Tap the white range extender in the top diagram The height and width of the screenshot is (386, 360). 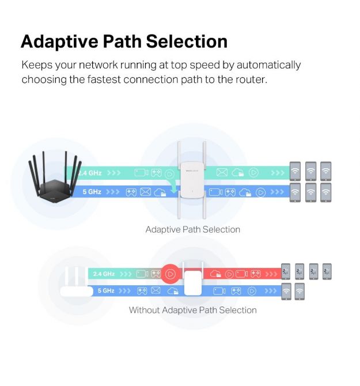tap(192, 180)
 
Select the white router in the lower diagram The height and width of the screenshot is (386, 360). tap(77, 283)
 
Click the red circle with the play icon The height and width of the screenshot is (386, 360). tap(170, 274)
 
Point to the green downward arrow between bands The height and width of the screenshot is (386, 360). tap(174, 187)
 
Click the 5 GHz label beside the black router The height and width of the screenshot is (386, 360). tap(92, 192)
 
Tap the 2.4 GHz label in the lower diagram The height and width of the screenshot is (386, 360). tap(104, 274)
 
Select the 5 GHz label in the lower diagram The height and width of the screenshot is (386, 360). tap(106, 291)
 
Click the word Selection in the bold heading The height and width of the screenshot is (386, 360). tap(187, 41)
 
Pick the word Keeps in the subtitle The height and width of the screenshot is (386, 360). tap(37, 65)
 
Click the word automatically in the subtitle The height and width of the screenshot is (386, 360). tap(269, 65)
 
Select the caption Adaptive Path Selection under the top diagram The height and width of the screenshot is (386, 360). tap(193, 230)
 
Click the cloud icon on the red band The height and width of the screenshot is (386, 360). tap(215, 274)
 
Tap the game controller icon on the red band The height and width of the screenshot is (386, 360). tap(255, 274)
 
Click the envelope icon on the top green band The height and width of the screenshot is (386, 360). tap(222, 172)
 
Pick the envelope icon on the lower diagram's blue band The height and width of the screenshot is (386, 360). tap(156, 290)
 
